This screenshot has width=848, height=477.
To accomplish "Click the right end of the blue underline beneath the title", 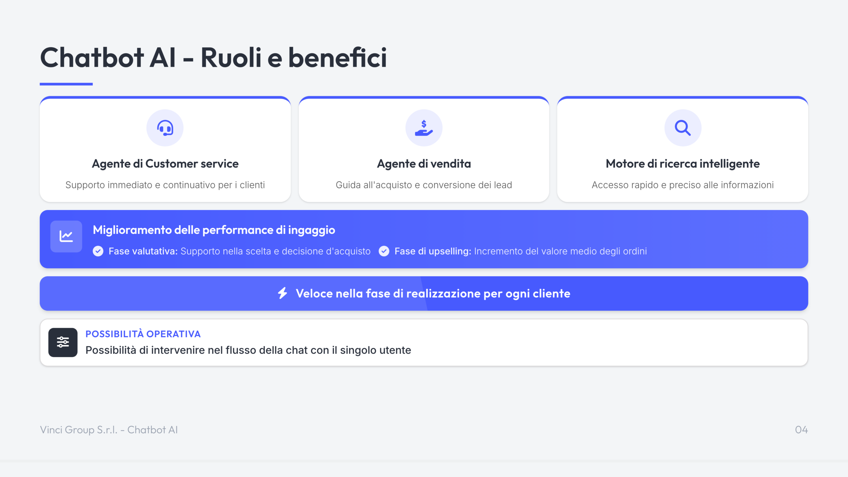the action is pos(92,84).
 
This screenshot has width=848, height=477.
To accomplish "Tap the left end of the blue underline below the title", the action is pos(40,84).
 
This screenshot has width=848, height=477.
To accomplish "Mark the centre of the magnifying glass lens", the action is pos(681,126).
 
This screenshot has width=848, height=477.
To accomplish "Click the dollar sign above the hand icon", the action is pos(424,124).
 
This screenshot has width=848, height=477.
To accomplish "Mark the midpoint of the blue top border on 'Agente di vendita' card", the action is pos(424,97).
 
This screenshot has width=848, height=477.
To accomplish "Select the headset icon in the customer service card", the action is pos(165,128).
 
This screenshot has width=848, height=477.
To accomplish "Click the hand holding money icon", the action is pos(424,128).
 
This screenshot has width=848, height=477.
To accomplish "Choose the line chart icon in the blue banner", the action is pos(66,237).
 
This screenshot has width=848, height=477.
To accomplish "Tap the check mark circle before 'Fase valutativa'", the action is pos(98,251).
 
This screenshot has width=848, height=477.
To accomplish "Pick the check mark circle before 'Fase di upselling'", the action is pos(384,251).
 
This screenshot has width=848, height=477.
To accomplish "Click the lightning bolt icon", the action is pos(283,293).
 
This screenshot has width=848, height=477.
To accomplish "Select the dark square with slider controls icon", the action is pos(63,343).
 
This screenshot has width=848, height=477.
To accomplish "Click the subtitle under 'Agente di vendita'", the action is pos(424,185).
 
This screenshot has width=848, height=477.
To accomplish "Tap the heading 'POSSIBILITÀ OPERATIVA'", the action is pos(143,334).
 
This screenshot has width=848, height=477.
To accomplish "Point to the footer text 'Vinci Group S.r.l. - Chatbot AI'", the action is pos(109,430).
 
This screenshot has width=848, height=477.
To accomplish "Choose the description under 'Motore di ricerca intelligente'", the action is pos(683,185).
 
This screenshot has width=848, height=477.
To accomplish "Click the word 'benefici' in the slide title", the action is pos(338,57).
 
